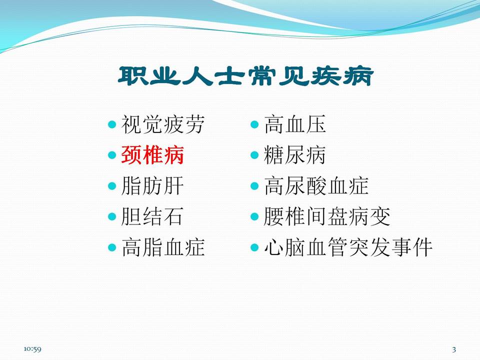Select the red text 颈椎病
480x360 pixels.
point(152,155)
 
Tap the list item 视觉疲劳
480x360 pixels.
point(163,124)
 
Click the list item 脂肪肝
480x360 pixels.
point(152,186)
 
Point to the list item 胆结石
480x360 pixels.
point(152,217)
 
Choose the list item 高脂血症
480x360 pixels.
point(163,247)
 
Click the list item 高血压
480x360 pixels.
point(295,124)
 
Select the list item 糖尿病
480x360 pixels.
point(295,155)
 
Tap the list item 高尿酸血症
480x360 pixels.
point(316,186)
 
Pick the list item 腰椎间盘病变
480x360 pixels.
point(327,217)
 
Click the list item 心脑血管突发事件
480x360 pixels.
point(348,247)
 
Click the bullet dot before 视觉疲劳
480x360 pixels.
point(112,124)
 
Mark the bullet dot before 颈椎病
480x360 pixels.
point(112,155)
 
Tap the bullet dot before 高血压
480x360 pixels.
point(254,124)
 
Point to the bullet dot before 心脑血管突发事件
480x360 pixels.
point(254,247)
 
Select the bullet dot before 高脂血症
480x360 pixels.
point(112,247)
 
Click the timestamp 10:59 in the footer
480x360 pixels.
point(32,348)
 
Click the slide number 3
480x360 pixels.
point(454,348)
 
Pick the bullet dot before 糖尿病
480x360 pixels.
point(254,155)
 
